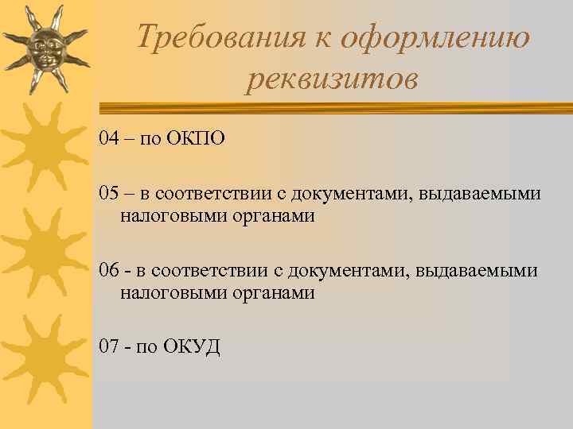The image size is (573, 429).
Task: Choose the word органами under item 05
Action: (x=269, y=216)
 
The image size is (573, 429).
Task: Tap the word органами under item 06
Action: (x=269, y=293)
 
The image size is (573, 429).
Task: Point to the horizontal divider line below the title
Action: (x=334, y=106)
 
